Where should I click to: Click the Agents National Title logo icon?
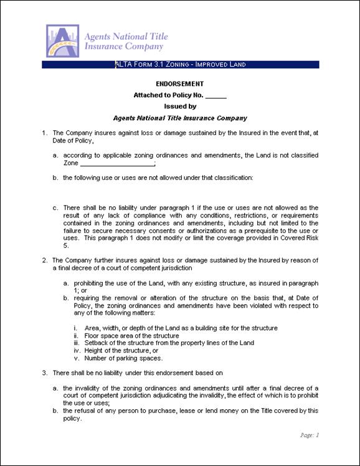pos(62,40)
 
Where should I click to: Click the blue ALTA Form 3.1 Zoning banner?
pos(180,64)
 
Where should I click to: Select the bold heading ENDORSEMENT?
pos(179,83)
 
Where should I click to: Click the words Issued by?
pos(179,107)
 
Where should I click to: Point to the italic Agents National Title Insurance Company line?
pos(180,118)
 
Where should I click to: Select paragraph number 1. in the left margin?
pos(44,133)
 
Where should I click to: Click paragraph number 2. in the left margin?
pos(44,260)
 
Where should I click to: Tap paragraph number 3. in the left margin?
pos(44,373)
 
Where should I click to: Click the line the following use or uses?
pos(158,178)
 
